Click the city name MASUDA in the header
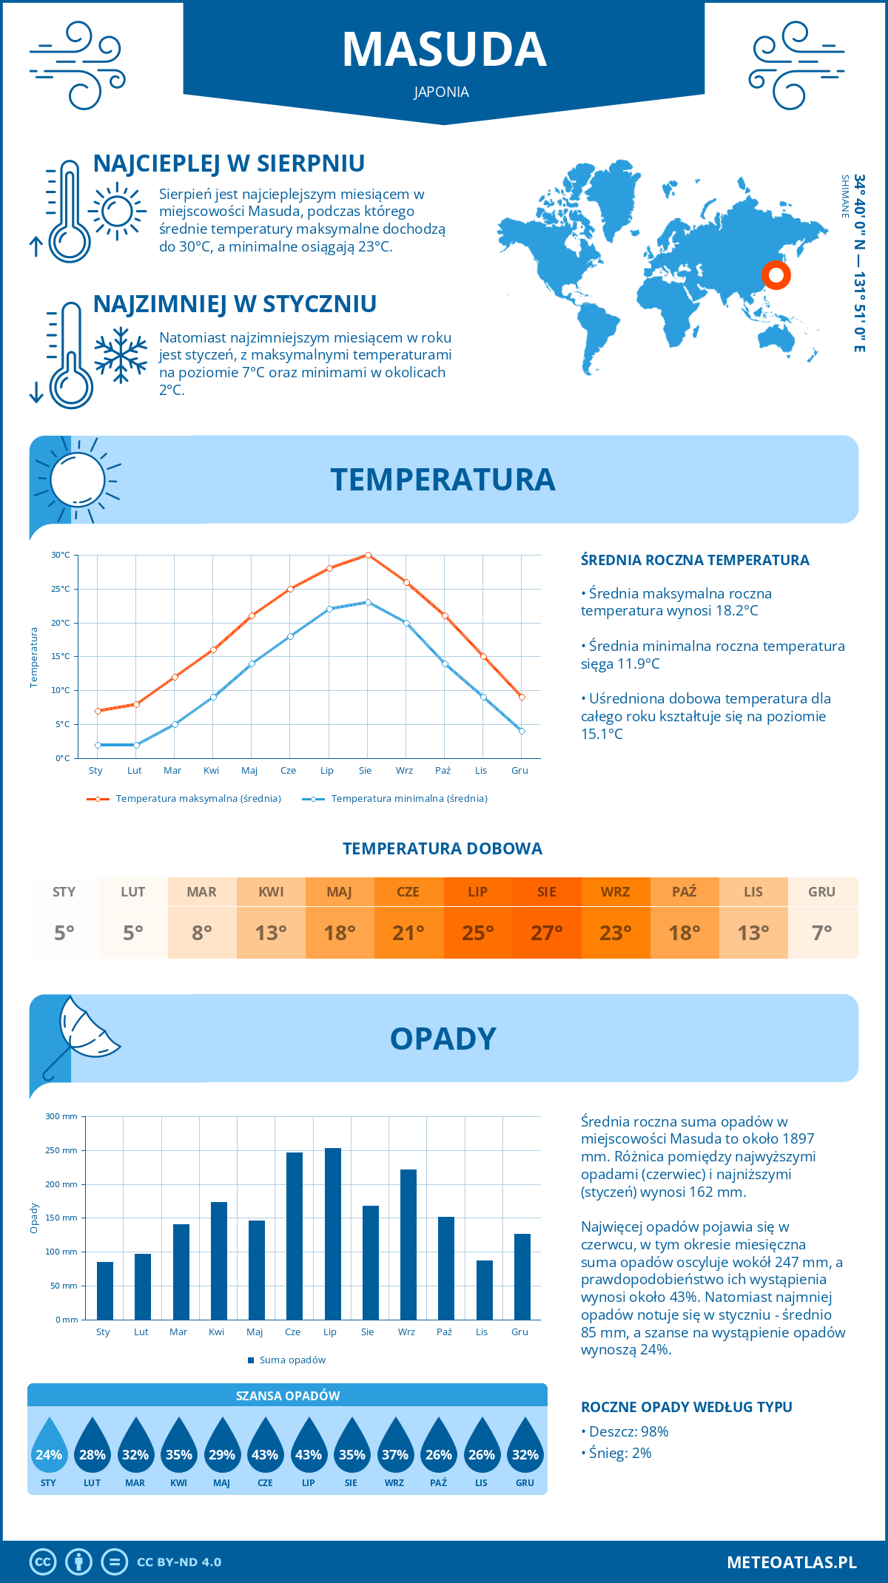pyautogui.click(x=444, y=50)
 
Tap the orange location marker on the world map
pyautogui.click(x=776, y=276)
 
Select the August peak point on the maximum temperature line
pyautogui.click(x=368, y=555)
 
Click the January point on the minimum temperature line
pyautogui.click(x=98, y=745)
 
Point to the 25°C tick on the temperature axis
pyautogui.click(x=61, y=589)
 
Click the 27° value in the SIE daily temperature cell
pyautogui.click(x=547, y=933)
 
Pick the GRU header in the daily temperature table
pyautogui.click(x=821, y=892)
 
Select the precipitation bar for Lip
pyautogui.click(x=333, y=1233)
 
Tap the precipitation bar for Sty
pyautogui.click(x=105, y=1290)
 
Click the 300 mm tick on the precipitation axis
pyautogui.click(x=61, y=1116)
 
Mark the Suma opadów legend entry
pyautogui.click(x=292, y=1360)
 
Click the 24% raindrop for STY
pyautogui.click(x=49, y=1450)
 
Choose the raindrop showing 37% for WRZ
pyautogui.click(x=395, y=1450)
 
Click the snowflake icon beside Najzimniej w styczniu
pyautogui.click(x=121, y=355)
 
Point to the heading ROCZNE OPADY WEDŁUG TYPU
pyautogui.click(x=686, y=1407)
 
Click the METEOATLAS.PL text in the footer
pyautogui.click(x=791, y=1562)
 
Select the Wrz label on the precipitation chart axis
pyautogui.click(x=406, y=1332)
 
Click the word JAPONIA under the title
pyautogui.click(x=442, y=92)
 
